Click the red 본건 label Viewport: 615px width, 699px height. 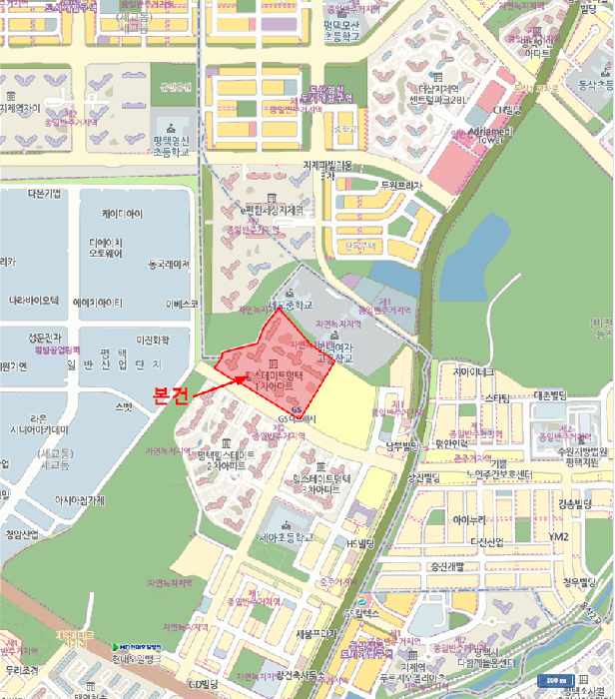click(x=170, y=393)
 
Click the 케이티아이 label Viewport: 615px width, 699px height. click(x=122, y=214)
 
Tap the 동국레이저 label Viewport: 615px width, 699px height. click(x=168, y=265)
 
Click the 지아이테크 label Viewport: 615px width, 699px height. click(x=474, y=372)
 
